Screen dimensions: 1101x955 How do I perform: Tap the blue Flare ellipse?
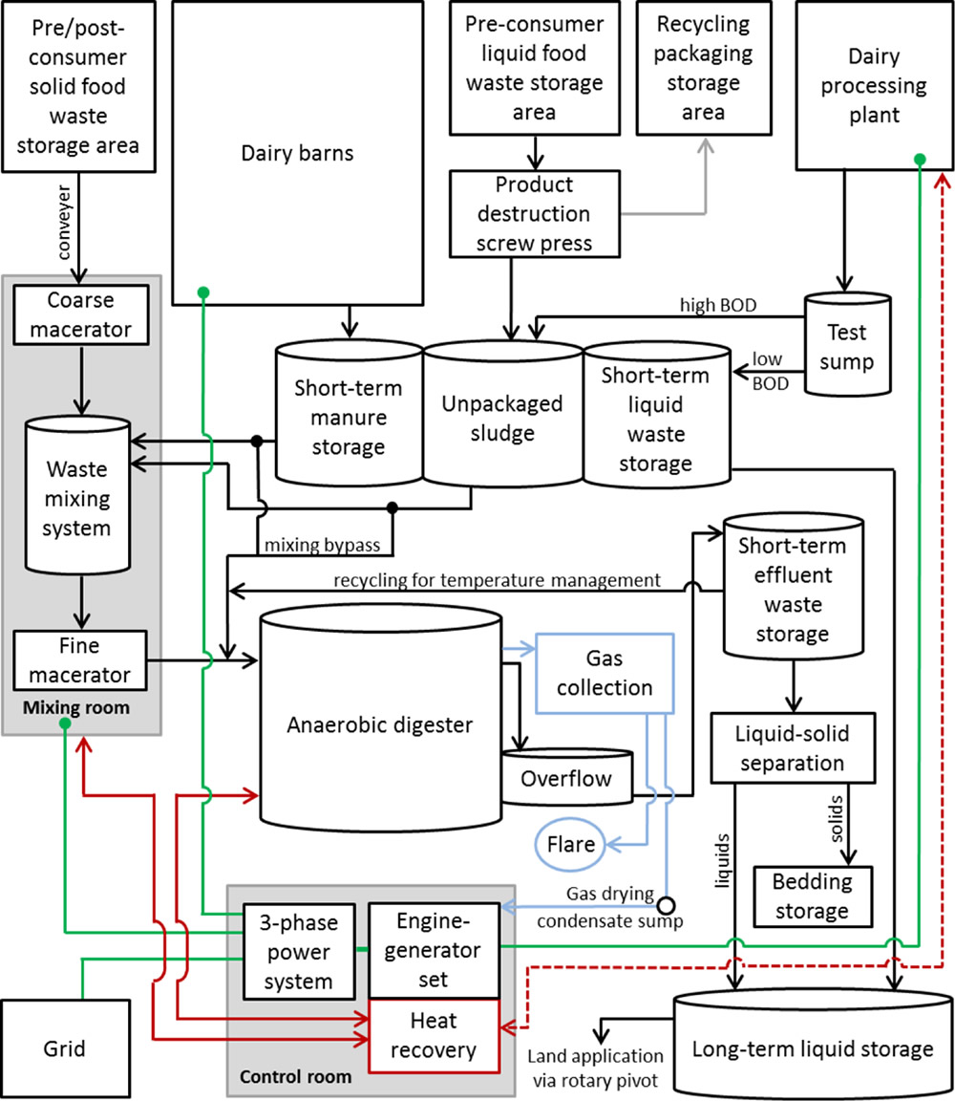click(570, 844)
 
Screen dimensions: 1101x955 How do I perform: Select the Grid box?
click(65, 1048)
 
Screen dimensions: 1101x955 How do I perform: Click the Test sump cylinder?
click(846, 345)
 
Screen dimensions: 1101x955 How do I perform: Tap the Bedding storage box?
click(815, 896)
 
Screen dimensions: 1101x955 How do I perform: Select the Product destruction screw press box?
click(535, 213)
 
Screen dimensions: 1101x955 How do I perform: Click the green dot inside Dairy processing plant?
click(919, 159)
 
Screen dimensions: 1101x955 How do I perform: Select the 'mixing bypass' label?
click(323, 546)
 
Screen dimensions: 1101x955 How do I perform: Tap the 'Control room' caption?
click(296, 1077)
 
